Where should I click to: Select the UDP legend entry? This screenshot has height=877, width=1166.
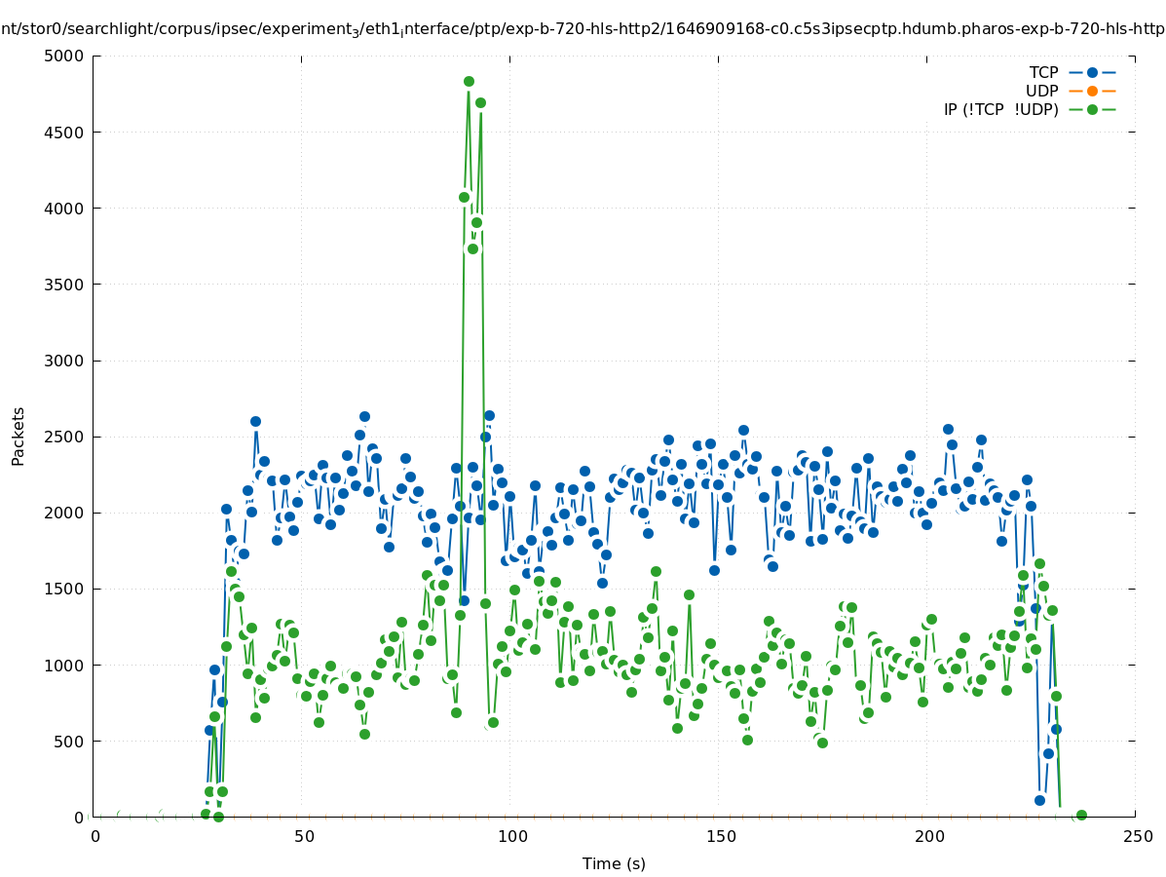1041,91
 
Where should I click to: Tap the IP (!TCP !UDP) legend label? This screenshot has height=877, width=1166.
1000,109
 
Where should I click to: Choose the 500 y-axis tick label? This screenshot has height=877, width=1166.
69,742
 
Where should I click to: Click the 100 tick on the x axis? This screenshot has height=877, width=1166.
512,836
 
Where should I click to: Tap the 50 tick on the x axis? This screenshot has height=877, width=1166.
304,836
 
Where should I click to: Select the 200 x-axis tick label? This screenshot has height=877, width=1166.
929,836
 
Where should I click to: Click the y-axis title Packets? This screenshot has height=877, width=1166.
19,436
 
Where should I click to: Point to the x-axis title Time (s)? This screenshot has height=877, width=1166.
614,863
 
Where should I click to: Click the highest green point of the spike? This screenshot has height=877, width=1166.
469,82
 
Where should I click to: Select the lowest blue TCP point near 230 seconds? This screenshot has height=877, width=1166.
1039,800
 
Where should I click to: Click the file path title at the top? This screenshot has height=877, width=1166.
583,29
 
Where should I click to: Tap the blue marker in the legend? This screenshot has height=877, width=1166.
1092,72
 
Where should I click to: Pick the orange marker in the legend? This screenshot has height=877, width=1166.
1092,91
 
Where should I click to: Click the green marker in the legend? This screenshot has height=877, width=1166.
1092,109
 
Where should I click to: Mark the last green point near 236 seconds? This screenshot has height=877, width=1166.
1081,816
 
